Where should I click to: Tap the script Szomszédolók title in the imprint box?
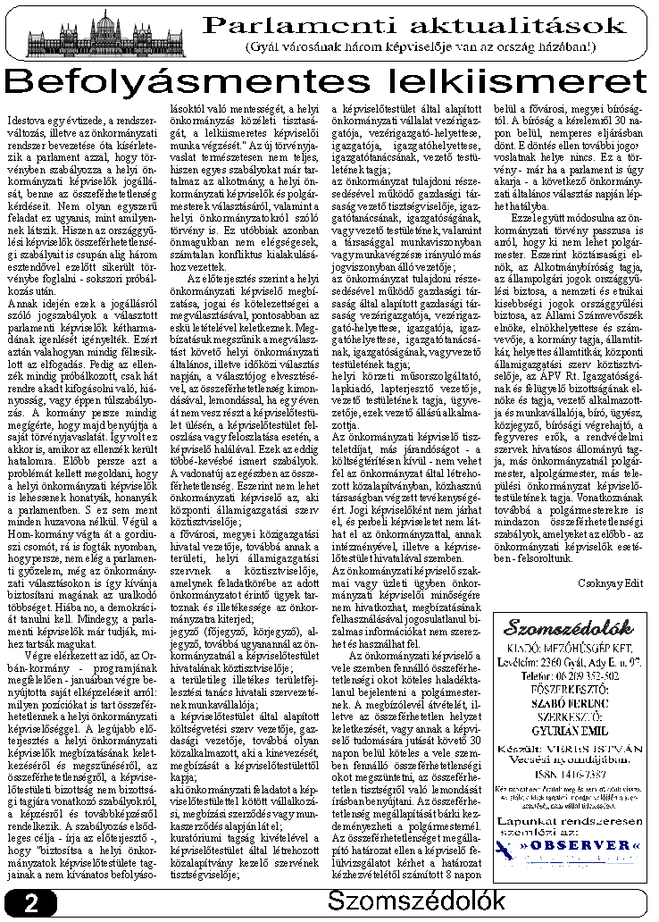point(569,626)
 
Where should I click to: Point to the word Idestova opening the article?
point(26,118)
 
